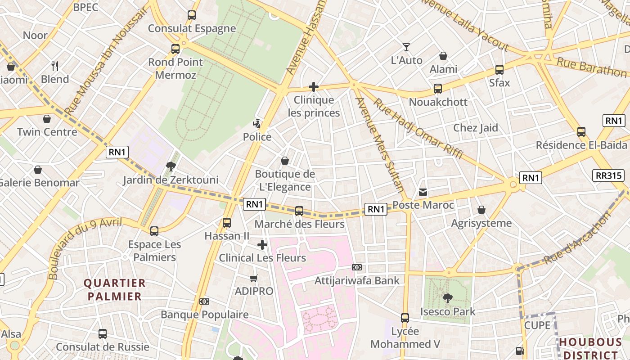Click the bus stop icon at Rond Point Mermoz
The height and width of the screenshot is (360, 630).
point(175,49)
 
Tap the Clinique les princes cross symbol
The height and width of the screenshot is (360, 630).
point(314,87)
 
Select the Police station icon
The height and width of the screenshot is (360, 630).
point(257,123)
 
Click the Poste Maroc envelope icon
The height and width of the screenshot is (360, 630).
point(423,192)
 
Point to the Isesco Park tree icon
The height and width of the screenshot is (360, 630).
point(447,298)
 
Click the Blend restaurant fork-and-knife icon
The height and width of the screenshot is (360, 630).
point(55,66)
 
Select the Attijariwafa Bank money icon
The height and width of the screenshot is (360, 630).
point(357,267)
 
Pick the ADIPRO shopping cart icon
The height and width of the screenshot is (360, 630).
point(254,278)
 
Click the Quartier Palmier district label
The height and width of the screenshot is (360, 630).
point(115,289)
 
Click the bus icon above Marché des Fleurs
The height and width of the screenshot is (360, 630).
point(299,211)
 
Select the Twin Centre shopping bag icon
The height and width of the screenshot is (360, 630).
point(47,119)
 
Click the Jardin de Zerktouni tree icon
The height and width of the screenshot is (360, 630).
point(171,166)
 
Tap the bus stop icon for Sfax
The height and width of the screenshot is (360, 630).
point(499,70)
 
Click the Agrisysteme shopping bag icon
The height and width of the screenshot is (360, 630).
point(481,210)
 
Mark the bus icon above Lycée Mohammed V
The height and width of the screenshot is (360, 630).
point(405,318)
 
